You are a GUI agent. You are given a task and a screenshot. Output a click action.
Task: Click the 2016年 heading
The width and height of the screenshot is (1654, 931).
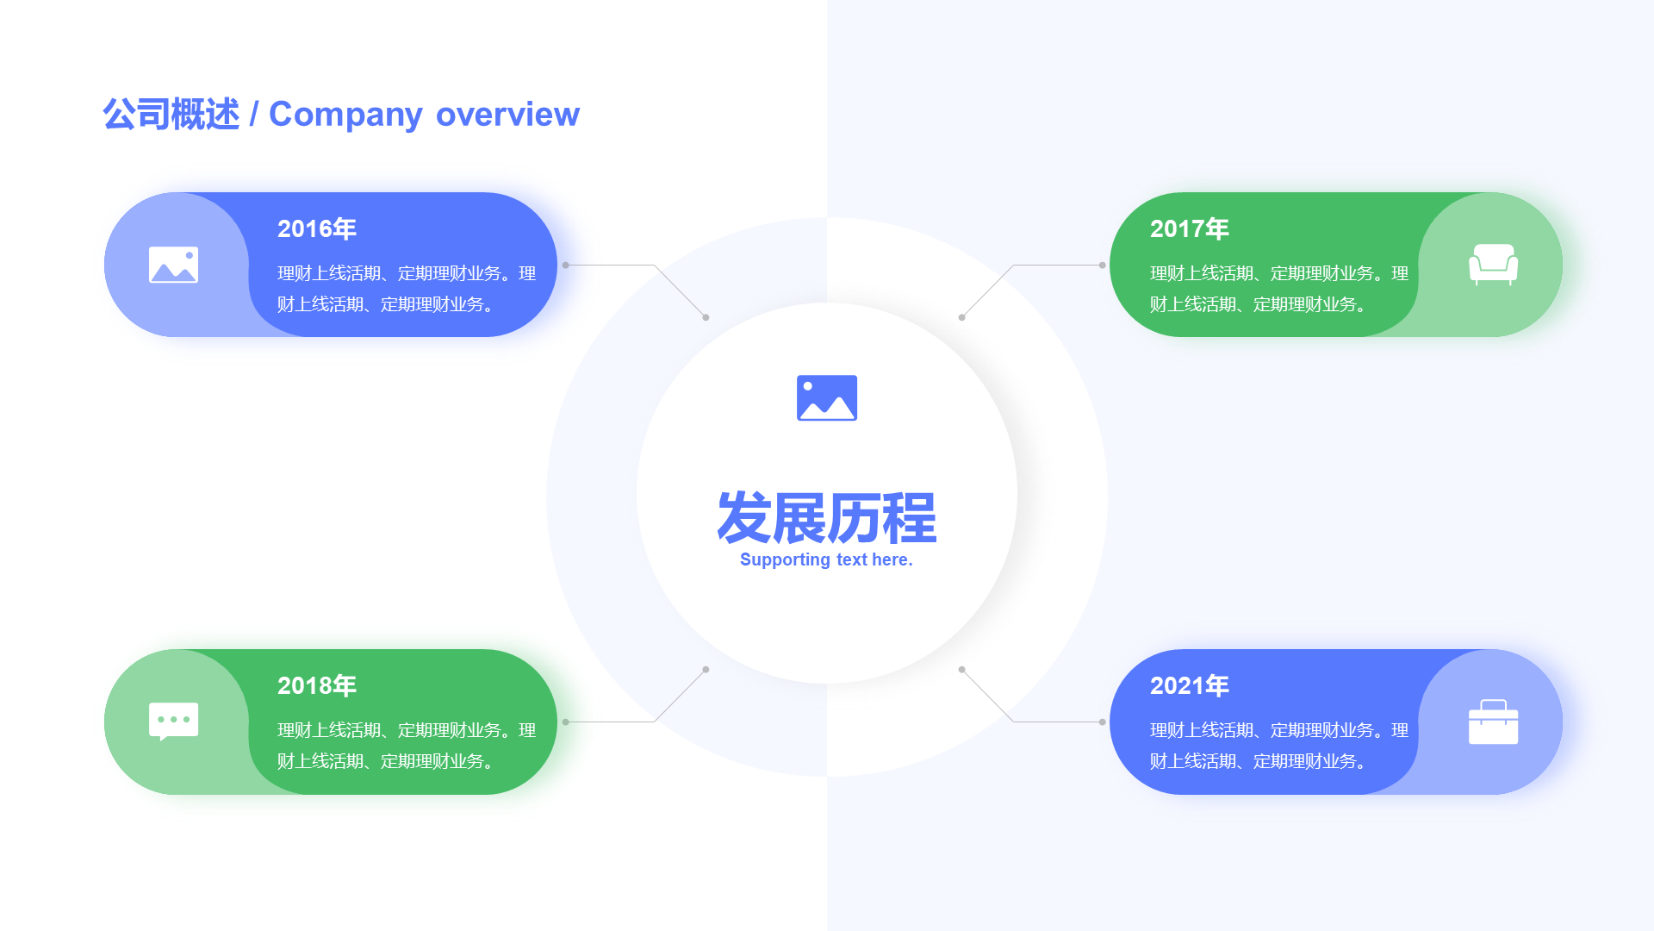(x=316, y=228)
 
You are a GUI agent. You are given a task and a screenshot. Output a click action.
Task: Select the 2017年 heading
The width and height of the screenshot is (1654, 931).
(x=1189, y=228)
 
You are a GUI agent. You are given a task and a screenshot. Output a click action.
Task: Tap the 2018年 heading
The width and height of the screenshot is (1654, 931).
(x=316, y=685)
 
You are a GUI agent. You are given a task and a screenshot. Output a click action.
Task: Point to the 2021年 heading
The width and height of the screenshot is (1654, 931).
(x=1189, y=685)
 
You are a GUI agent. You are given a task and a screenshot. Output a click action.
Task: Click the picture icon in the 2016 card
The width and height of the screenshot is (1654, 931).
(x=173, y=265)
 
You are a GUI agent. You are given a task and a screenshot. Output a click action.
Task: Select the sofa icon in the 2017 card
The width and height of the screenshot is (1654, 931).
(x=1493, y=265)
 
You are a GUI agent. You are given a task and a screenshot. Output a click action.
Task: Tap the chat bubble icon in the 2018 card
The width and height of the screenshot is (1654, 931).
(x=173, y=722)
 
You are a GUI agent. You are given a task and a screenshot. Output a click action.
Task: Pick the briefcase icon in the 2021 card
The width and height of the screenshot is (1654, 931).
(x=1493, y=722)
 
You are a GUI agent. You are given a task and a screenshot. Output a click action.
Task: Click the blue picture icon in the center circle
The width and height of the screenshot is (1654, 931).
(x=827, y=397)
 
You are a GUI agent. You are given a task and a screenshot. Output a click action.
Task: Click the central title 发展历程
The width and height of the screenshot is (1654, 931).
(x=827, y=518)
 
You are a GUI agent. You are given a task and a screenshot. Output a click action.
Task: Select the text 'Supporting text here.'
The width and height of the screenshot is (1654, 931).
(x=826, y=559)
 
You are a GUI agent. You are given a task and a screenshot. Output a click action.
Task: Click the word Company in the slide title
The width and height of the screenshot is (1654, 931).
(x=345, y=115)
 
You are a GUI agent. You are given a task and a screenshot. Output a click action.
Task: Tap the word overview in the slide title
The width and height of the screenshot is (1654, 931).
(x=507, y=115)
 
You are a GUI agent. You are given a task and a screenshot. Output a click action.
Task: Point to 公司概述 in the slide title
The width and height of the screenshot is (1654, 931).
(x=171, y=115)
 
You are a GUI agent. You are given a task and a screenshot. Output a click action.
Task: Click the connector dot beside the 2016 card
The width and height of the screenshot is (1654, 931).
(x=565, y=265)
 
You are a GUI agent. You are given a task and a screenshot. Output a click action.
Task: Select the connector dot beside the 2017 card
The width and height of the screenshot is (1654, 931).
(x=1102, y=265)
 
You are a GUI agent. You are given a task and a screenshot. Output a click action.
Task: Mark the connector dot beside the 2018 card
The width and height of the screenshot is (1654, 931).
(x=565, y=722)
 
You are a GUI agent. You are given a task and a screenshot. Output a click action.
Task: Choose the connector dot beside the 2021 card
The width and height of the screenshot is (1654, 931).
(x=1102, y=722)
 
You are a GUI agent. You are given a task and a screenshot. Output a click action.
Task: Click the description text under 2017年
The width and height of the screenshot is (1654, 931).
(x=1279, y=289)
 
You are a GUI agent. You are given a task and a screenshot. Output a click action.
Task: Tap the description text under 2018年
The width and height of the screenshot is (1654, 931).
(x=407, y=746)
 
